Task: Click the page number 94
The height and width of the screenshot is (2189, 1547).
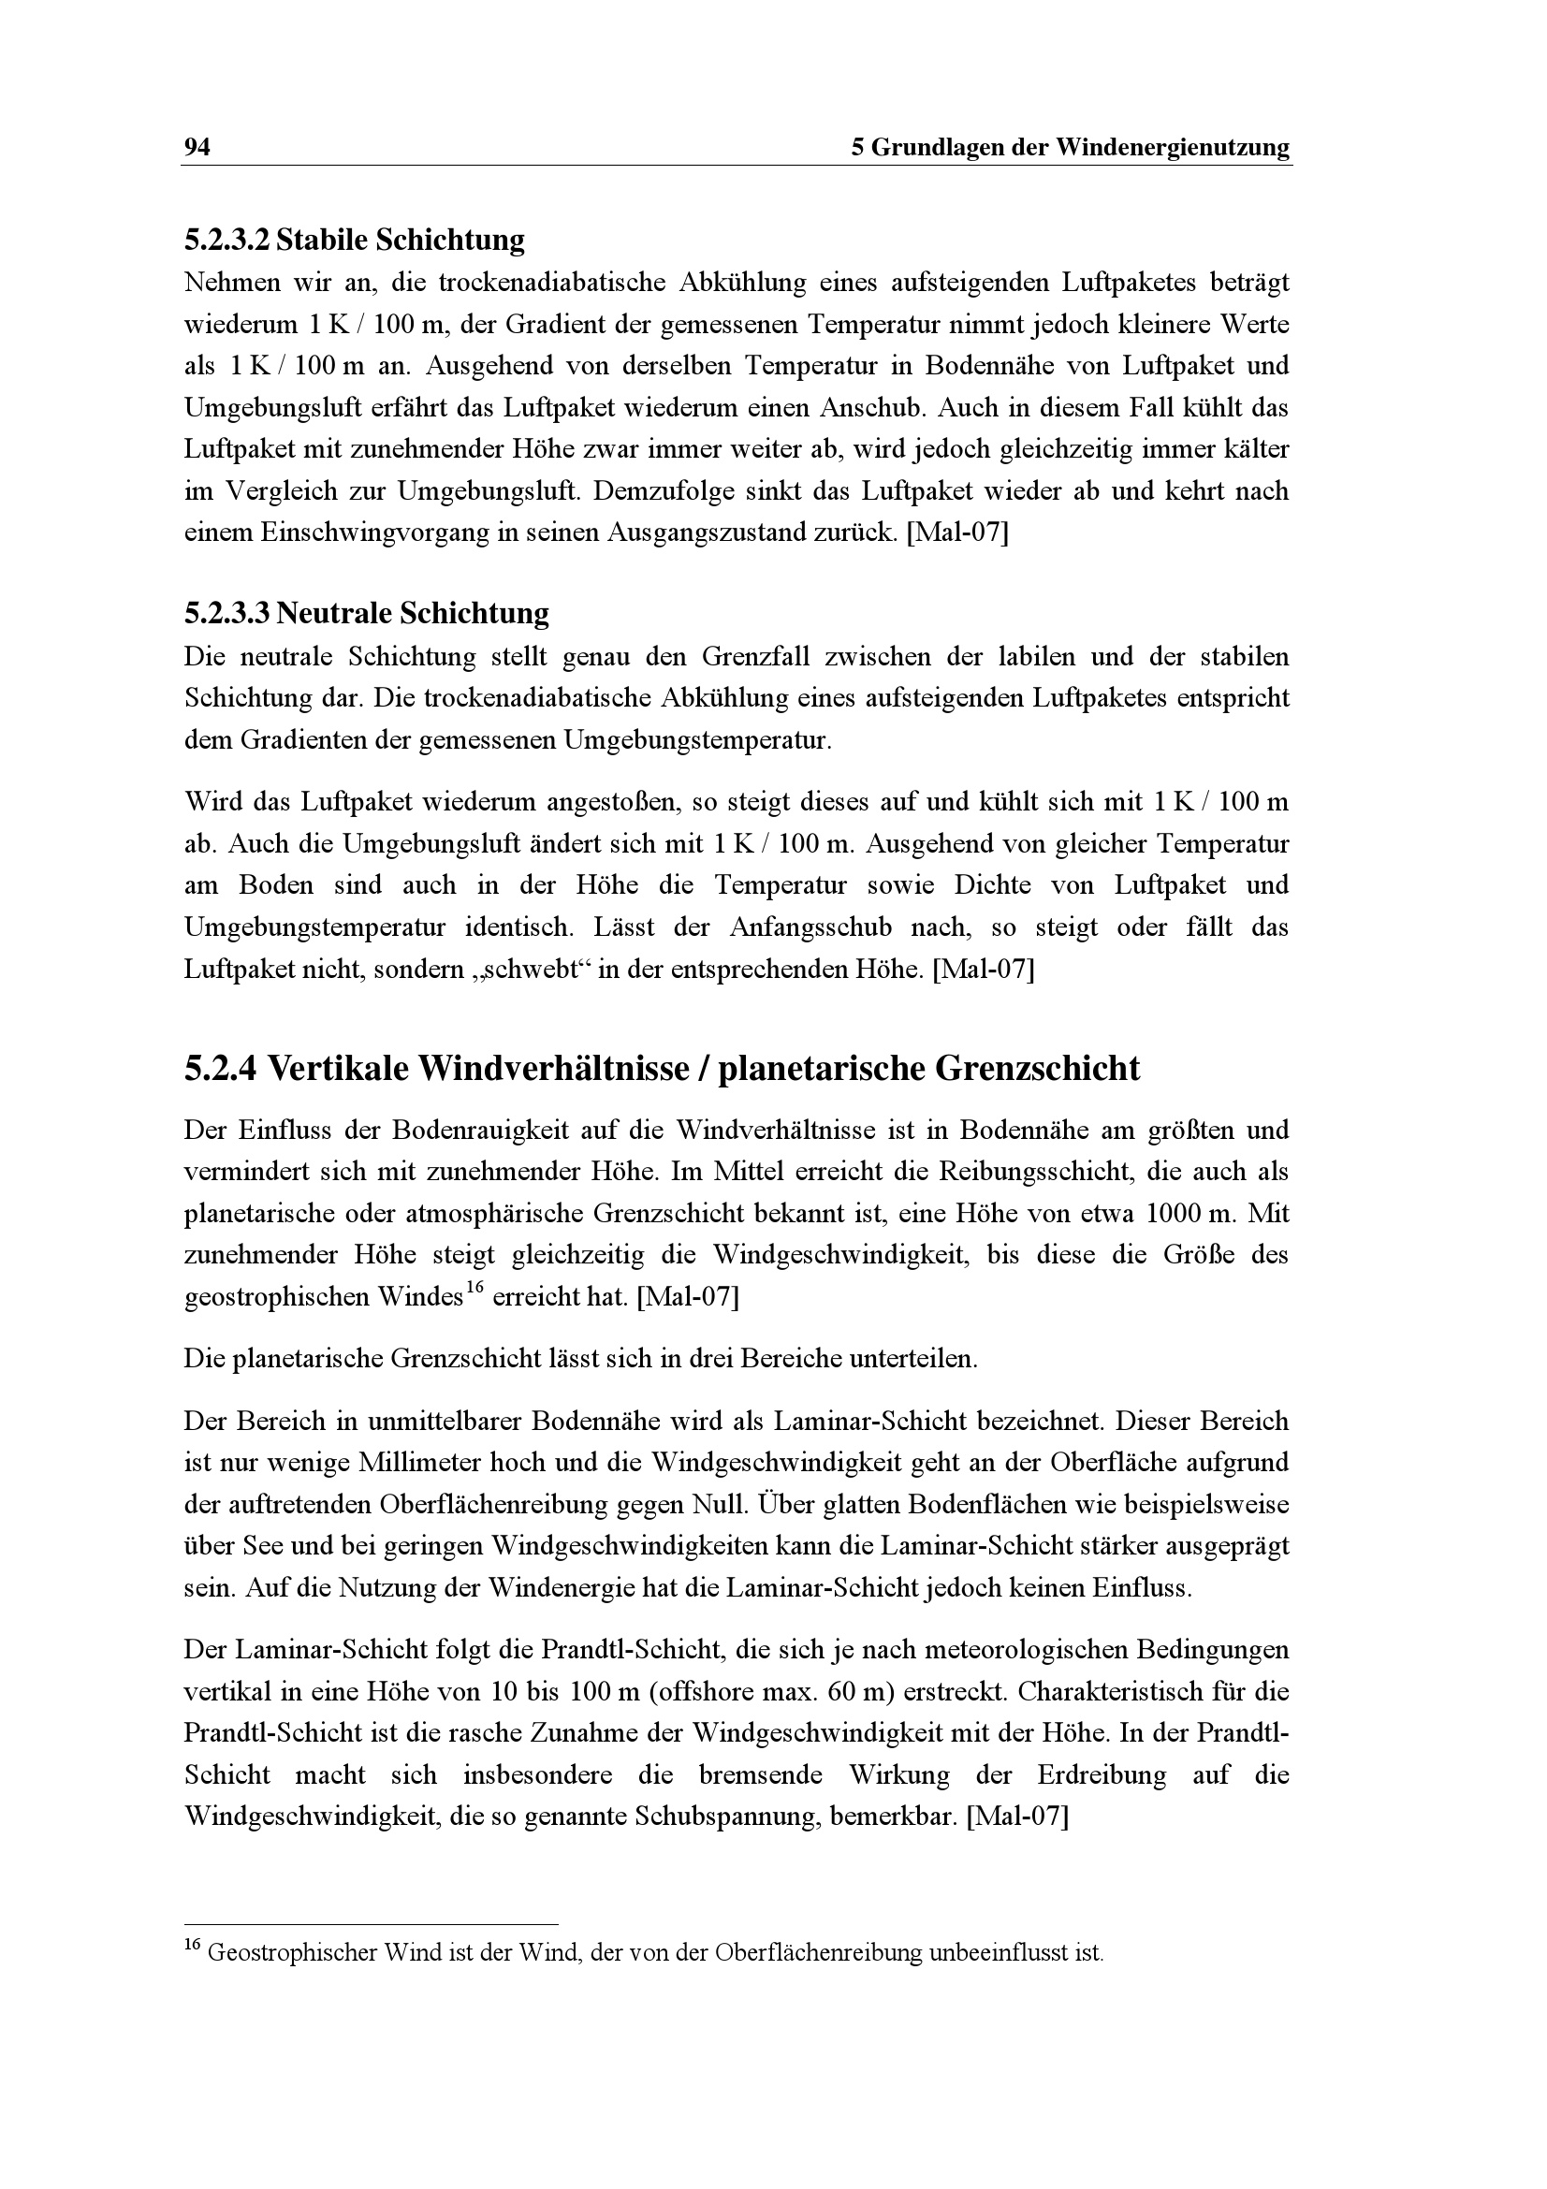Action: [197, 148]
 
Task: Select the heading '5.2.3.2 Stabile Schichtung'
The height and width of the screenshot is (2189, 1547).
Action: [354, 241]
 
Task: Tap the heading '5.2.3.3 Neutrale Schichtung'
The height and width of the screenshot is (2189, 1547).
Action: [366, 613]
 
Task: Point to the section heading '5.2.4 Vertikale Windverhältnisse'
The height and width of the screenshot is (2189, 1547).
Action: [662, 1069]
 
